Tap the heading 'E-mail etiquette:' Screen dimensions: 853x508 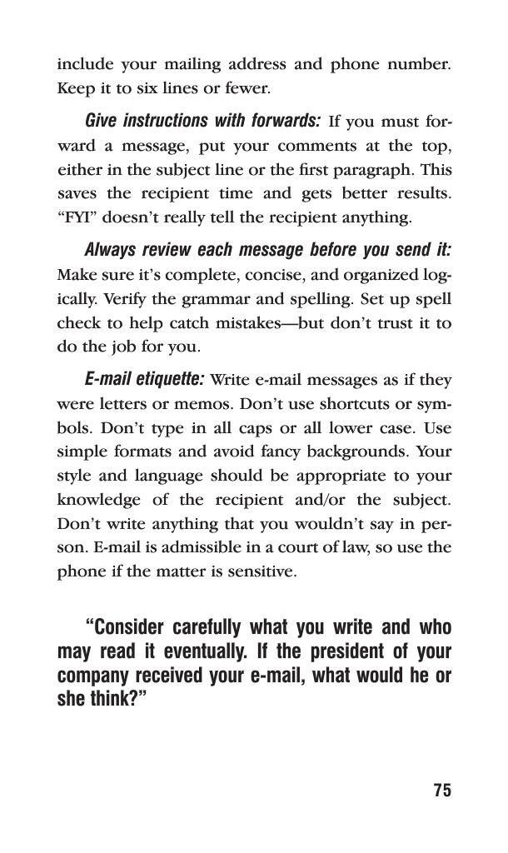[x=145, y=381]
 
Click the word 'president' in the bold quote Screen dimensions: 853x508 [x=332, y=649]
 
